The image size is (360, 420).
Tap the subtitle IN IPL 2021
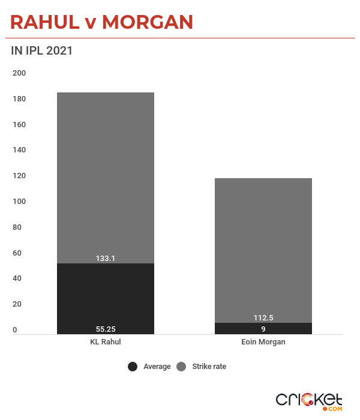tap(42, 51)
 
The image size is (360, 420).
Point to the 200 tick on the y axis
tap(19, 73)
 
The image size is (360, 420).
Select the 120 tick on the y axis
tap(19, 176)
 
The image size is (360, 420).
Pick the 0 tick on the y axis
tap(15, 329)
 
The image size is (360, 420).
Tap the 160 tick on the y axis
tap(19, 125)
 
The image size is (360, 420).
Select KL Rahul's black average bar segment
tap(106, 297)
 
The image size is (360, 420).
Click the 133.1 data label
tap(106, 258)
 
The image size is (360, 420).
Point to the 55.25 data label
tap(106, 329)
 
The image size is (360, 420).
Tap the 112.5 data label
tap(263, 318)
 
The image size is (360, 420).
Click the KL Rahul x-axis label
tap(106, 342)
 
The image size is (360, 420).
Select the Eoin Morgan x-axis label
tap(263, 342)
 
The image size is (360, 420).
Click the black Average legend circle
tap(133, 367)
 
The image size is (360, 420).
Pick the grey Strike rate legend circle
tap(181, 367)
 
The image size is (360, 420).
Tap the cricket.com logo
tap(309, 401)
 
